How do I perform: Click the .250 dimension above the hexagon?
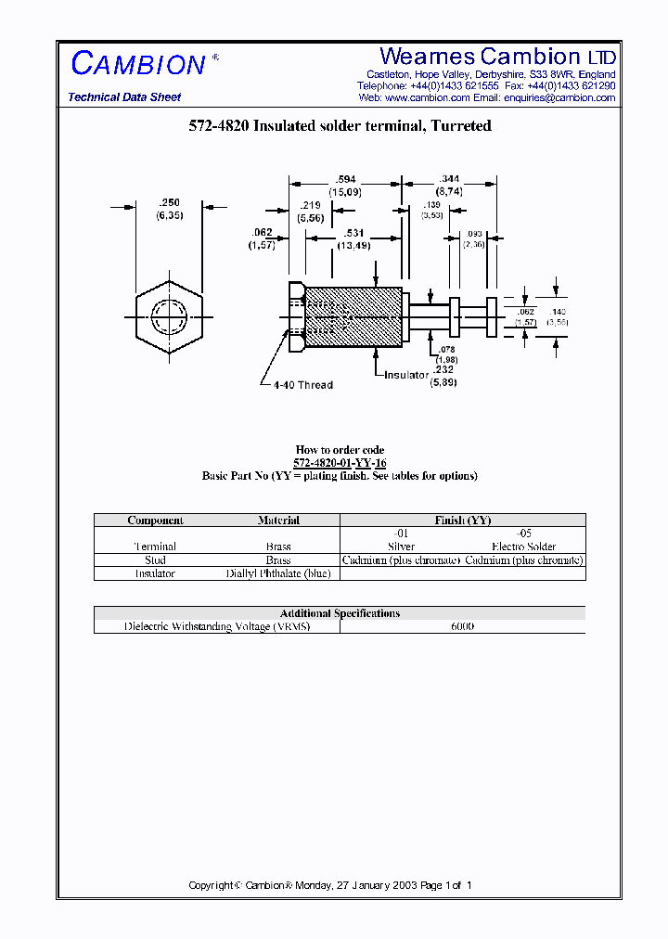coord(169,202)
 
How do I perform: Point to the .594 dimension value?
coord(345,179)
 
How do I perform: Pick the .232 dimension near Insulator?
coord(442,369)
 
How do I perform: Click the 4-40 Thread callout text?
coord(302,384)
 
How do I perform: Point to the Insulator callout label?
coord(406,375)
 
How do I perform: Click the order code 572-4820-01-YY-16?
coord(340,462)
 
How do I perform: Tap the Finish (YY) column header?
coord(462,521)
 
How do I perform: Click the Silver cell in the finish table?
coord(401,547)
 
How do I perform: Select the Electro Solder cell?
coord(523,547)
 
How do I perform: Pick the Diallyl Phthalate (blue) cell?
coord(278,573)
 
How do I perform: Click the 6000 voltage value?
coord(462,626)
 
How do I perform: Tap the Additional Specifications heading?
coord(340,613)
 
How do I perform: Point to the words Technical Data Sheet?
coord(124,97)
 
